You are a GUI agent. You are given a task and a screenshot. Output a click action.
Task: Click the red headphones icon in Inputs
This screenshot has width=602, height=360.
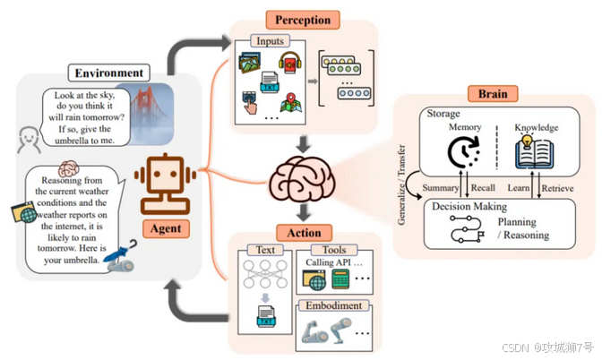point(289,64)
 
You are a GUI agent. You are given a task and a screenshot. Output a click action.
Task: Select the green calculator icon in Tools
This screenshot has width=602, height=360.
point(340,280)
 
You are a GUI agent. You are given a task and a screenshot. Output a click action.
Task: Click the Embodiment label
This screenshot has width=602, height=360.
point(332,305)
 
